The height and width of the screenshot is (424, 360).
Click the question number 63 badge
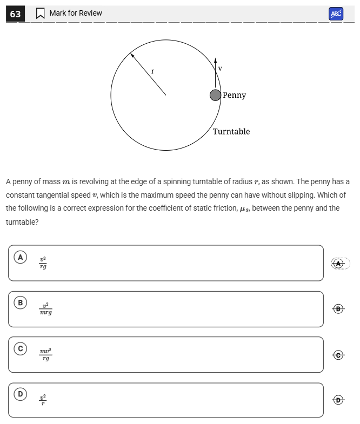tap(15, 14)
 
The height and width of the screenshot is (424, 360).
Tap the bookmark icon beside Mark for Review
tap(40, 14)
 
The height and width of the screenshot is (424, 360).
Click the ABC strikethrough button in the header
tap(336, 14)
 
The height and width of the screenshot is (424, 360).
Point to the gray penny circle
tap(215, 96)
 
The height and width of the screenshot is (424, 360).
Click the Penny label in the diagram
tap(234, 96)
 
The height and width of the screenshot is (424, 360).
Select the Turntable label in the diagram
tap(231, 132)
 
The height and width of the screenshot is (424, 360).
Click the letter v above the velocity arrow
tap(220, 69)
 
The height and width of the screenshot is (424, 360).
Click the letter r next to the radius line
tap(152, 71)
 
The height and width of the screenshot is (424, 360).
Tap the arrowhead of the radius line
tap(131, 54)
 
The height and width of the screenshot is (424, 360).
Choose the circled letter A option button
tap(21, 257)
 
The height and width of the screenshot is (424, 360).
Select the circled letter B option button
tap(21, 303)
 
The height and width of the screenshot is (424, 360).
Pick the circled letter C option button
tap(21, 349)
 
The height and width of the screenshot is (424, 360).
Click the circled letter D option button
tap(21, 394)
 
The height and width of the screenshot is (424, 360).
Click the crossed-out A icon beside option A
tap(339, 263)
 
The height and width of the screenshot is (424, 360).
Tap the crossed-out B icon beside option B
tap(339, 309)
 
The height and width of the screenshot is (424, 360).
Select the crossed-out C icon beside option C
tap(339, 355)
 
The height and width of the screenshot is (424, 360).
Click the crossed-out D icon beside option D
tap(339, 400)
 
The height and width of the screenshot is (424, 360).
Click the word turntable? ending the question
tap(22, 222)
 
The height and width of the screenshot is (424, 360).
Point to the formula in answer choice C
tap(46, 355)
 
